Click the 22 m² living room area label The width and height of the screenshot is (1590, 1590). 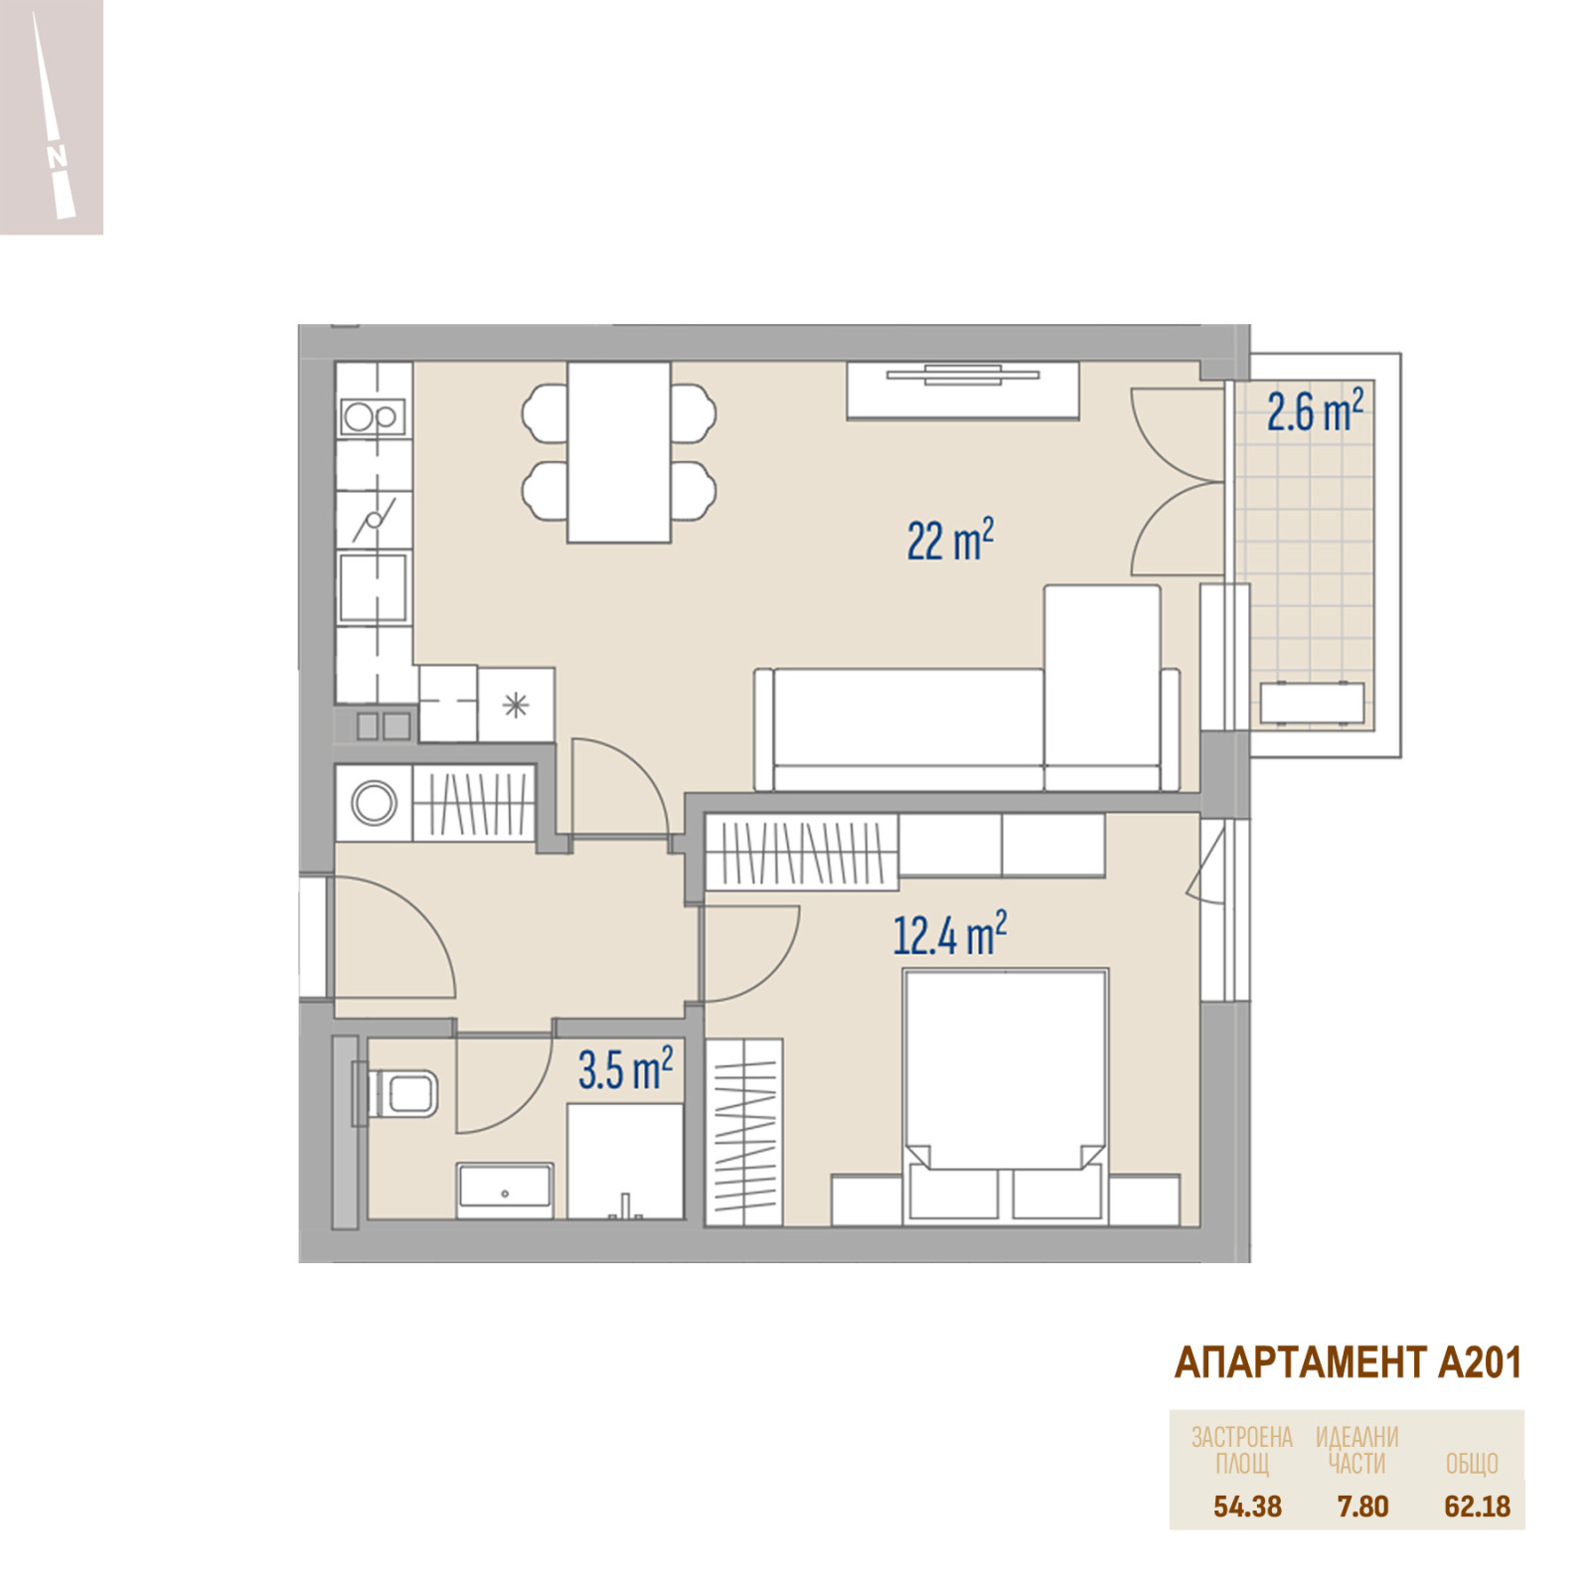pyautogui.click(x=950, y=541)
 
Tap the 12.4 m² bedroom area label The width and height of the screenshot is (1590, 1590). pyautogui.click(x=949, y=934)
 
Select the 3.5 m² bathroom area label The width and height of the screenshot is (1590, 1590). pyautogui.click(x=626, y=1068)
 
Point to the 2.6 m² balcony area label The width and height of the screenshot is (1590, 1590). pyautogui.click(x=1315, y=410)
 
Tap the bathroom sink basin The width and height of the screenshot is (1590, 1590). pyautogui.click(x=505, y=1189)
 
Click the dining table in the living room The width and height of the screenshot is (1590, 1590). pyautogui.click(x=619, y=452)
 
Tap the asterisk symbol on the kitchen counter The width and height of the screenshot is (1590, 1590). pyautogui.click(x=516, y=706)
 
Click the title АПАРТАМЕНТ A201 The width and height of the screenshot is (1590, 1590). pyautogui.click(x=1348, y=1363)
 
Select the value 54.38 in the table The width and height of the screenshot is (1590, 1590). pyautogui.click(x=1247, y=1507)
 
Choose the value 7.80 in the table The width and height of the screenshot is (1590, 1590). pyautogui.click(x=1362, y=1507)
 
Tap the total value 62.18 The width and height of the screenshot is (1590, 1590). pyautogui.click(x=1477, y=1507)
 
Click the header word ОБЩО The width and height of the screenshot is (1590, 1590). pyautogui.click(x=1472, y=1464)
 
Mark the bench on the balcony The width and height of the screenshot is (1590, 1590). pyautogui.click(x=1312, y=703)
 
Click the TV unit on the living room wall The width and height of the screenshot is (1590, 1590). pyautogui.click(x=962, y=390)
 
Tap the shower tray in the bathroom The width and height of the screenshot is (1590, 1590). pyautogui.click(x=625, y=1162)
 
